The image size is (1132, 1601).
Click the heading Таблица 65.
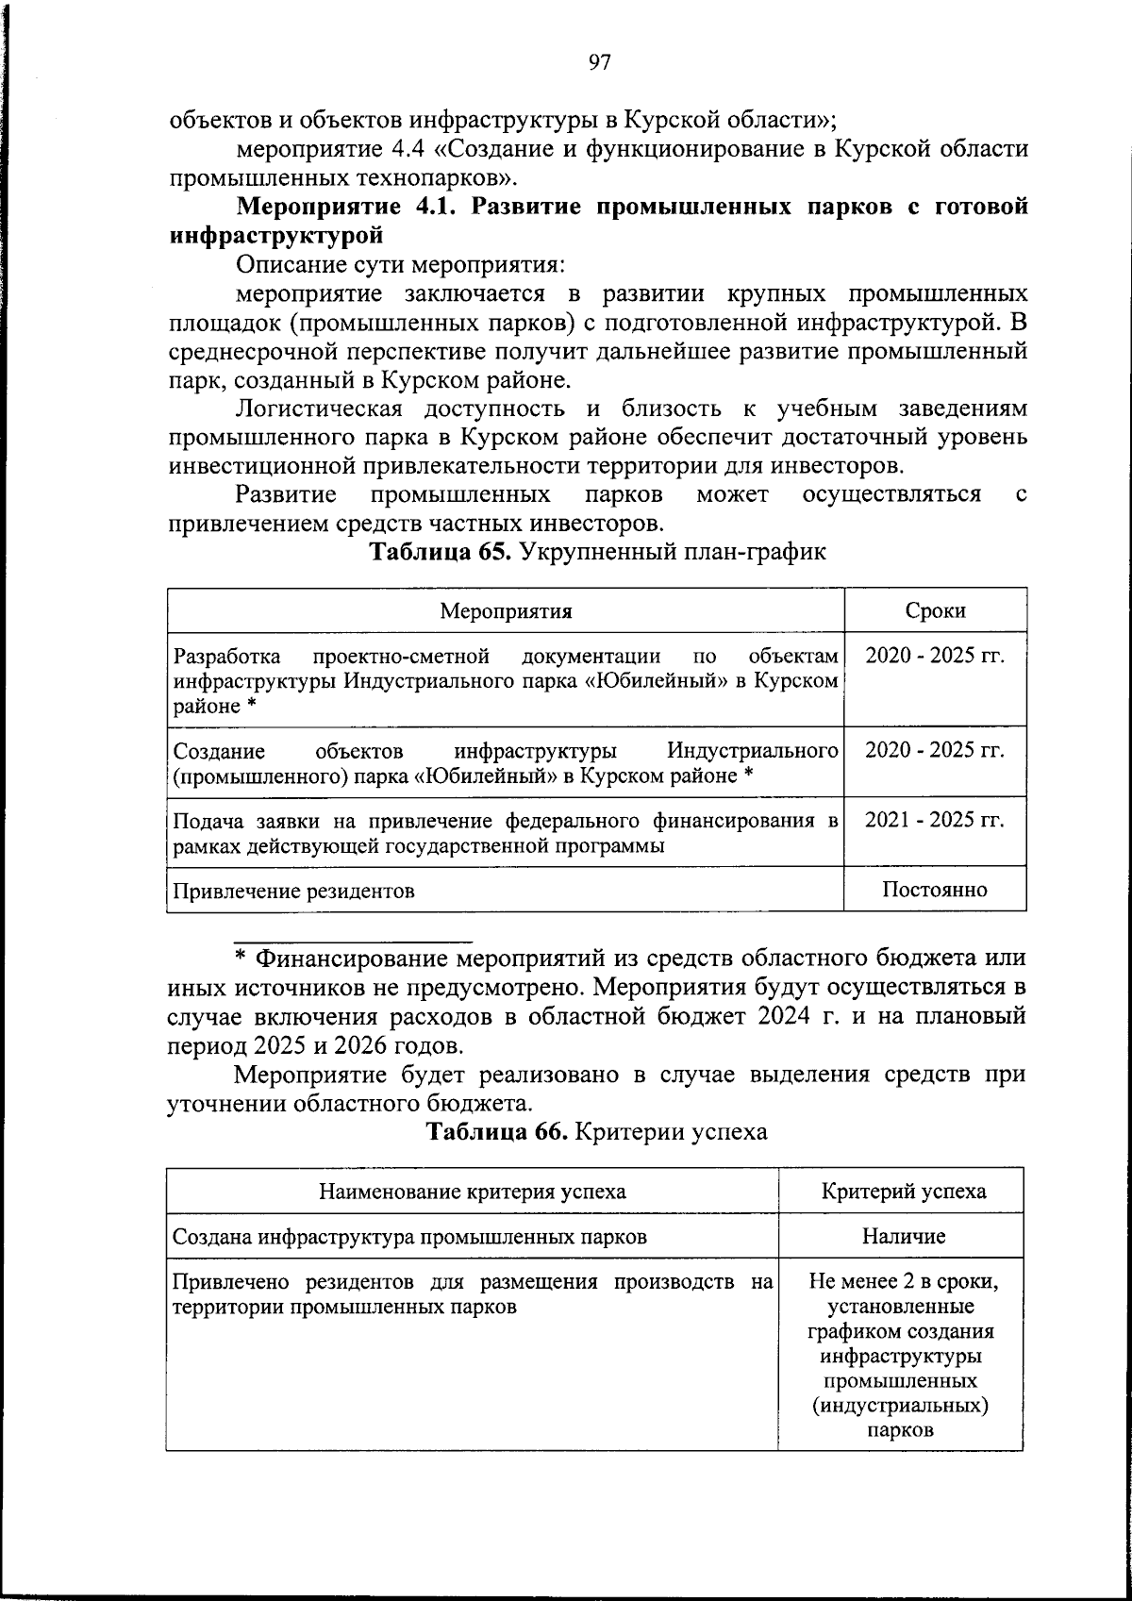[x=440, y=552]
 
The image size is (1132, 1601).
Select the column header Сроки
[x=935, y=610]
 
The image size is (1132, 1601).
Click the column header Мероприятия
[x=507, y=610]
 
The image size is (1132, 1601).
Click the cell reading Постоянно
[x=935, y=889]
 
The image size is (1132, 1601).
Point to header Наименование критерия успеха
[x=473, y=1192]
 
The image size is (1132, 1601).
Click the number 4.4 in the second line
[x=408, y=149]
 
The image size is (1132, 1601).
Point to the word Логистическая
[x=319, y=409]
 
